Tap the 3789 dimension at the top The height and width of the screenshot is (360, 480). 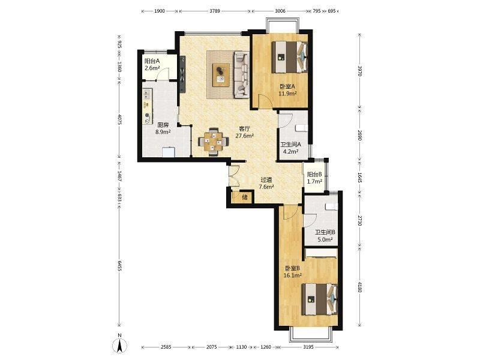point(215,11)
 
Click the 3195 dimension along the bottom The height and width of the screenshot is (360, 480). point(308,347)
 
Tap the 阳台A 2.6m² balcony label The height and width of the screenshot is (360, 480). point(152,64)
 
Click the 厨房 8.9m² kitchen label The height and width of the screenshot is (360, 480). point(163,128)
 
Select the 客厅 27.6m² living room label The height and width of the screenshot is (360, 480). point(244,132)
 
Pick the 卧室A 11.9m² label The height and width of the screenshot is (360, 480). point(287,89)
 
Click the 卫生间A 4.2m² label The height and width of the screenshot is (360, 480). point(291,147)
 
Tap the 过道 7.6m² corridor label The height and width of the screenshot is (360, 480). point(266,183)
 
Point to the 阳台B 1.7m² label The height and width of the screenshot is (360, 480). point(314,178)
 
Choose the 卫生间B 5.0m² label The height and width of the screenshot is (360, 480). point(325,236)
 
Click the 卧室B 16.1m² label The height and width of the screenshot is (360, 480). point(293,272)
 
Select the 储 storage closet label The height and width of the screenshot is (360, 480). point(245,197)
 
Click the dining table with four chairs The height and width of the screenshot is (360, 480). point(214,142)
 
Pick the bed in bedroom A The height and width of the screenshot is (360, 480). point(290,57)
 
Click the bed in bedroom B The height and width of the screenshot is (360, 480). point(320,299)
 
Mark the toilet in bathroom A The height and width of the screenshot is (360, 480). point(302,128)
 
